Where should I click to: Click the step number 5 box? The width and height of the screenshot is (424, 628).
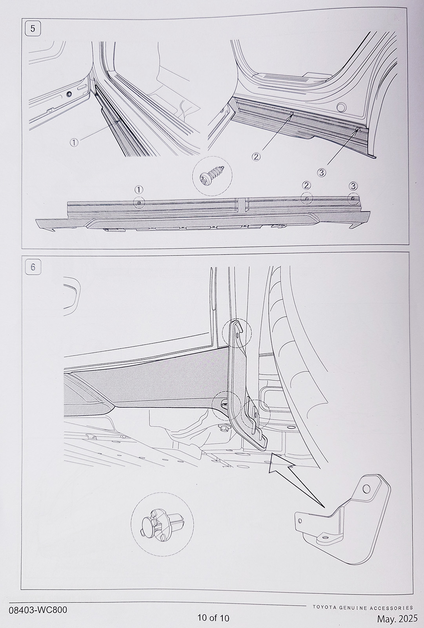[x=33, y=29]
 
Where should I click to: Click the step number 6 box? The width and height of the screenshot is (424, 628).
[x=33, y=267]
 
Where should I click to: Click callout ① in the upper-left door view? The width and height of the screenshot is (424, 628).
[x=74, y=142]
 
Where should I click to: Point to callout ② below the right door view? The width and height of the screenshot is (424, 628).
[x=256, y=157]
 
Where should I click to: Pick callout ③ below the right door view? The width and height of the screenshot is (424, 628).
[x=322, y=173]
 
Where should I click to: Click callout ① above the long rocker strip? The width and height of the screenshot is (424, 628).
[x=139, y=190]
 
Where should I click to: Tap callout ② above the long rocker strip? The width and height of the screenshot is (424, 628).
[x=306, y=185]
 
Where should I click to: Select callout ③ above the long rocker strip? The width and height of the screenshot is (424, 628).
[x=353, y=186]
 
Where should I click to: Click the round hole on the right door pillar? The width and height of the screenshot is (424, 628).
[x=341, y=106]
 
